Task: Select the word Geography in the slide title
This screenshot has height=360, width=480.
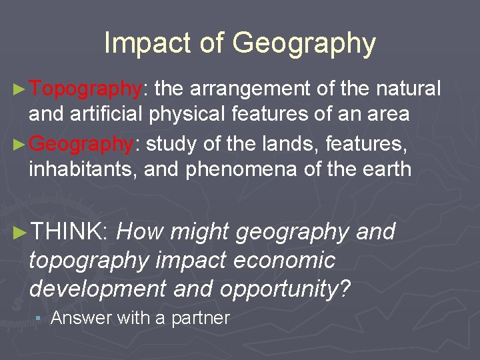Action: [x=304, y=45]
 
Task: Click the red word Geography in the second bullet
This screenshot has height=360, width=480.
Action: [x=82, y=143]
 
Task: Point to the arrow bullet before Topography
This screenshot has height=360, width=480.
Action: [x=19, y=89]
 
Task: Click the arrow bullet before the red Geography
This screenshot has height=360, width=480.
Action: [x=19, y=143]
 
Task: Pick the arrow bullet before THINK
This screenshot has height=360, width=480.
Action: [x=20, y=232]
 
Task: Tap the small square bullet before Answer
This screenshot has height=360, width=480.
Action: [x=39, y=319]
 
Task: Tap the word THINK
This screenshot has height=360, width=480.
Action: [x=69, y=232]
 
